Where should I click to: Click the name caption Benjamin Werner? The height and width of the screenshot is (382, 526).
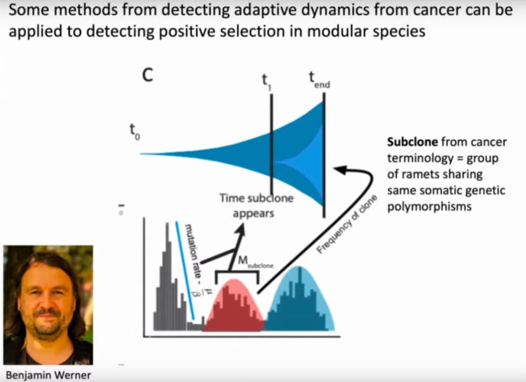(48, 375)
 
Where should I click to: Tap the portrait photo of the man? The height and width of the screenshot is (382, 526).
(48, 304)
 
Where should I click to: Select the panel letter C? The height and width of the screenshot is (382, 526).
(148, 76)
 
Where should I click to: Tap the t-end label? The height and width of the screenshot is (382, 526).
(318, 79)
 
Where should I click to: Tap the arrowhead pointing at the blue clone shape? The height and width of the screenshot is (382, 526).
(338, 170)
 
